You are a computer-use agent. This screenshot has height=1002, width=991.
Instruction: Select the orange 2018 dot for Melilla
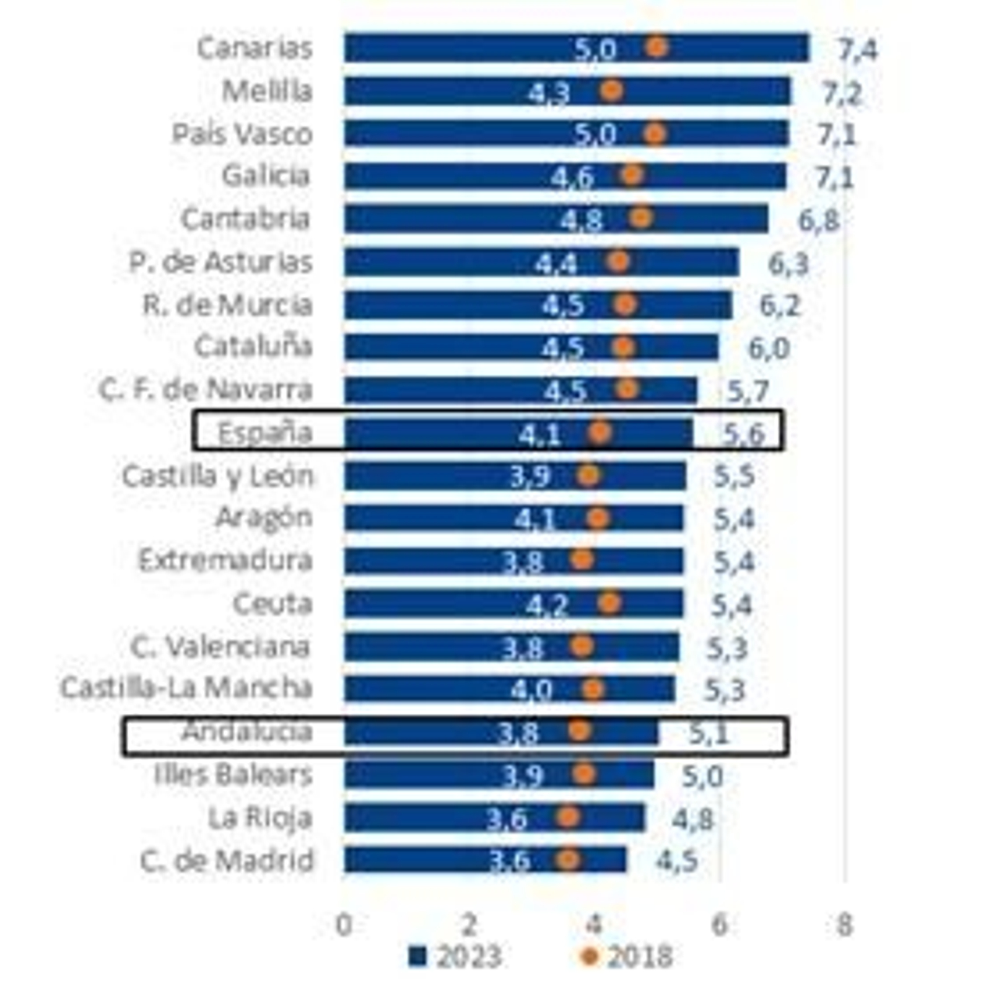click(x=611, y=90)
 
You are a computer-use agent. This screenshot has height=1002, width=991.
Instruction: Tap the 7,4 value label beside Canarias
click(x=857, y=50)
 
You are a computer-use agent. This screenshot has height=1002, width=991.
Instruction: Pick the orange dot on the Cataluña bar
click(x=623, y=347)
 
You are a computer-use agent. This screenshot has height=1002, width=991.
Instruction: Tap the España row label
click(x=265, y=433)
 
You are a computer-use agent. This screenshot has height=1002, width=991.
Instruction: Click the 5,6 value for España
click(x=744, y=434)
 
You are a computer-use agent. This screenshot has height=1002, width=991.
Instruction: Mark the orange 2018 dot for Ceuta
click(x=609, y=602)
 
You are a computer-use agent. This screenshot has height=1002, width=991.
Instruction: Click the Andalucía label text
click(x=247, y=732)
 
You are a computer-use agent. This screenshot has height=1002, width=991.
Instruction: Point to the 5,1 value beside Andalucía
click(x=709, y=734)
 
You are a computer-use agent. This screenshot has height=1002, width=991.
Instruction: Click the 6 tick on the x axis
click(x=718, y=925)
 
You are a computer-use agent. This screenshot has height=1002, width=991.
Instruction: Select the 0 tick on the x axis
click(x=344, y=925)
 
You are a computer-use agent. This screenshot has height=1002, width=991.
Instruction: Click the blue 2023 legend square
click(x=418, y=956)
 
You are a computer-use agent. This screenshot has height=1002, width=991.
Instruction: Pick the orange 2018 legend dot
click(x=589, y=957)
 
